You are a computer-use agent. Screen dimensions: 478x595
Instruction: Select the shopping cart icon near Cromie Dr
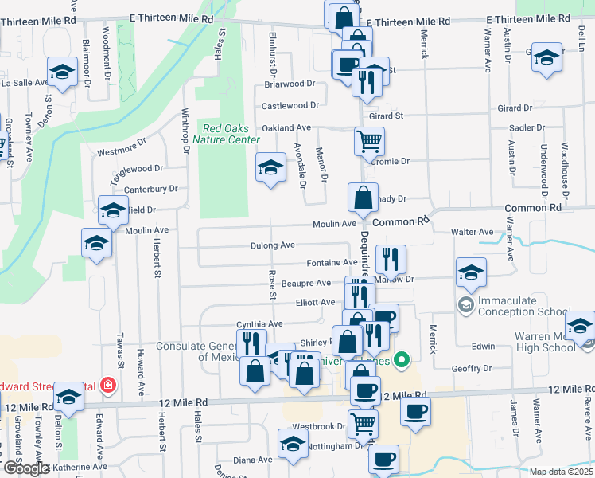369,142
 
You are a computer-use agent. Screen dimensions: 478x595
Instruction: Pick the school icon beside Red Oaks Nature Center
270,167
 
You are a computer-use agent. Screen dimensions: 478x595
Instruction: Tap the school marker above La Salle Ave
61,72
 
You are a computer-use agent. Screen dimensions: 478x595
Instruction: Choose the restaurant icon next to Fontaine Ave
391,259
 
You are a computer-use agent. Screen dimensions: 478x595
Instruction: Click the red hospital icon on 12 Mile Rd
108,386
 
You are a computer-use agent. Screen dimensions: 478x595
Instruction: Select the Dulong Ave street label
273,245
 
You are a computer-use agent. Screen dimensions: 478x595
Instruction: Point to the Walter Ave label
472,232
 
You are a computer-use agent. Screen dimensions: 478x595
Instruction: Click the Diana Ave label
253,460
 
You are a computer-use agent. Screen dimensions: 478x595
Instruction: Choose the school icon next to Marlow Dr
471,272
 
